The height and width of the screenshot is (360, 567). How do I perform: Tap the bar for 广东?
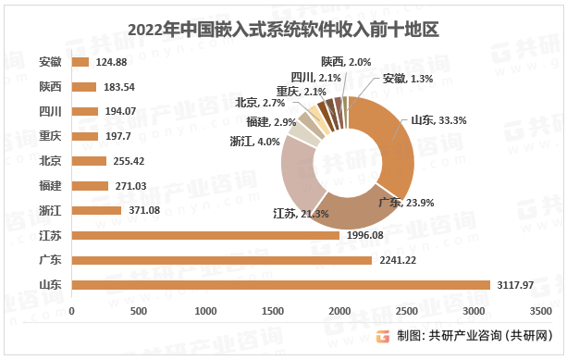tap(222, 260)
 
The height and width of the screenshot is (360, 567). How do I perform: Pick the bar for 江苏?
tap(205, 235)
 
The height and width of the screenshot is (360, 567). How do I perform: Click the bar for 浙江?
tap(96, 210)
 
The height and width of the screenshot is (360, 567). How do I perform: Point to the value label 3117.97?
tap(517, 285)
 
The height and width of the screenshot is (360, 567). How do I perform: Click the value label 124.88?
tap(111, 62)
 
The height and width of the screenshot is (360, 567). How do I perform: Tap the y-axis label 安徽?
tap(51, 62)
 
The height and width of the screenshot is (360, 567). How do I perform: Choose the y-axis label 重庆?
tap(51, 136)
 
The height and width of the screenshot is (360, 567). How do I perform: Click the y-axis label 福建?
tap(51, 186)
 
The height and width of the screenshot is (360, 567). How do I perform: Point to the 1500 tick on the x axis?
tap(273, 310)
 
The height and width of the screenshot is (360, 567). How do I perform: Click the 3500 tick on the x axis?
tap(541, 310)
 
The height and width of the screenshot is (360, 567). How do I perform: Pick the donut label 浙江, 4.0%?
tap(253, 142)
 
